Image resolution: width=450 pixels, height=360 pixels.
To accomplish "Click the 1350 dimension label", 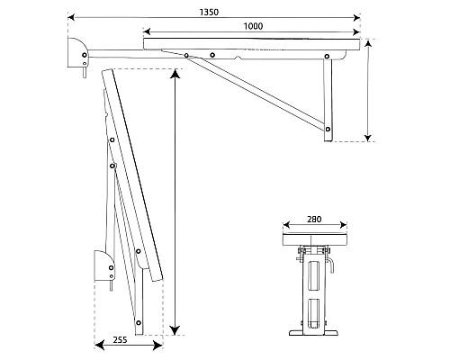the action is (209, 13).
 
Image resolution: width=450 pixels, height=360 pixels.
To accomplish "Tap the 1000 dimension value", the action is (253, 26).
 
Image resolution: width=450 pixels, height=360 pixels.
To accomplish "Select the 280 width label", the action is (314, 220).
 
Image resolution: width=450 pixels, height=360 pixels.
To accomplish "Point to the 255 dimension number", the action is (120, 340).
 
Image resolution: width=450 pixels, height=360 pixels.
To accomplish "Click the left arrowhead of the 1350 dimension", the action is (71, 18).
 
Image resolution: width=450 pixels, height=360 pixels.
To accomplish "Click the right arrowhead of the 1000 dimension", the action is (356, 31).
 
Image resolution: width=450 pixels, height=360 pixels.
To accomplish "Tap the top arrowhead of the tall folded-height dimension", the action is (175, 74).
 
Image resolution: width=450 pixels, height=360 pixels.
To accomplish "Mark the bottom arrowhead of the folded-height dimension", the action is (175, 330).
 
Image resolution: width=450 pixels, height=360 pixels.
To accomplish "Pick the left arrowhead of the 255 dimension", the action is (99, 346).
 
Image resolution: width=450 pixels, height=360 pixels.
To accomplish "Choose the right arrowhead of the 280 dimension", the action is (344, 225).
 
